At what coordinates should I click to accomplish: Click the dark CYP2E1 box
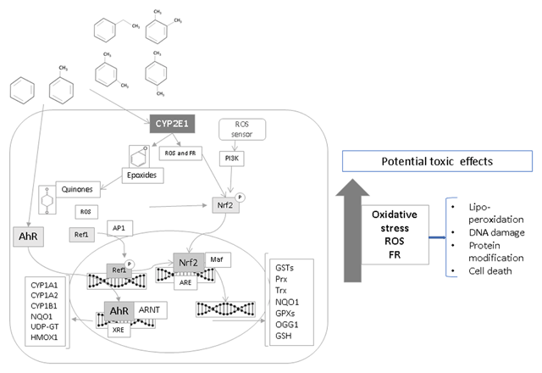(x=174, y=123)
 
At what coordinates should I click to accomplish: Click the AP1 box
(x=119, y=229)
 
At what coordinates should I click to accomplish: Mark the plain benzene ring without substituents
(x=20, y=92)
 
